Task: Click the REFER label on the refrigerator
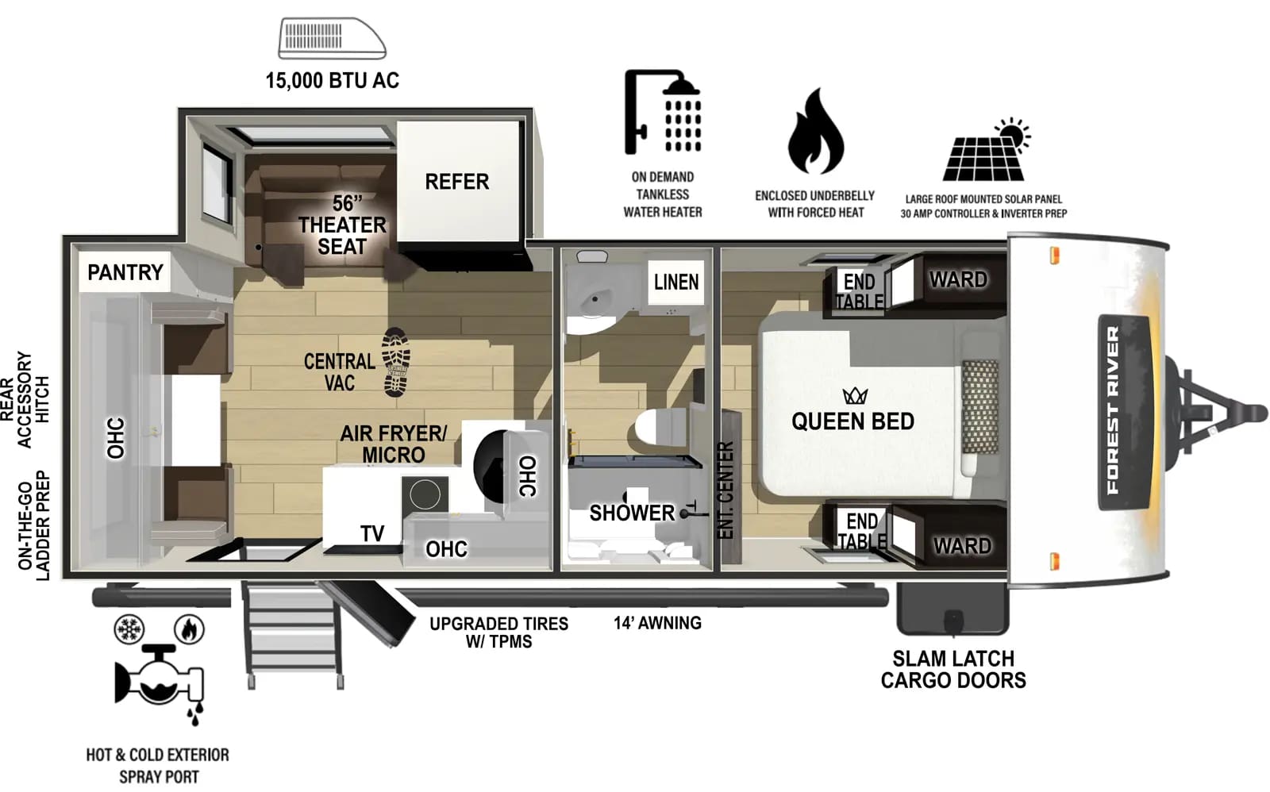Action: pos(456,182)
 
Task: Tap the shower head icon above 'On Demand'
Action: pos(664,111)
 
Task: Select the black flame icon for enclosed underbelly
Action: pos(815,133)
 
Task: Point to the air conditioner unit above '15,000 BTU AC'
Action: pos(332,39)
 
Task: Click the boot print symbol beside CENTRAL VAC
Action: pos(395,362)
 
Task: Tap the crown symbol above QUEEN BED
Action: pos(855,395)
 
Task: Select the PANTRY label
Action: pos(125,272)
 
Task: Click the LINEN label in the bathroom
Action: pos(676,282)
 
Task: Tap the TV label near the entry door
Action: pos(372,533)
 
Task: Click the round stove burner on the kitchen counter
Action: pos(425,495)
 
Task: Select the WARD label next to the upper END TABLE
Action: pos(958,279)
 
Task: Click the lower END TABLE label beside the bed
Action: pos(862,531)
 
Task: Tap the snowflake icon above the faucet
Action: pos(129,629)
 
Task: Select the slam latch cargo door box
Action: pos(952,609)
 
